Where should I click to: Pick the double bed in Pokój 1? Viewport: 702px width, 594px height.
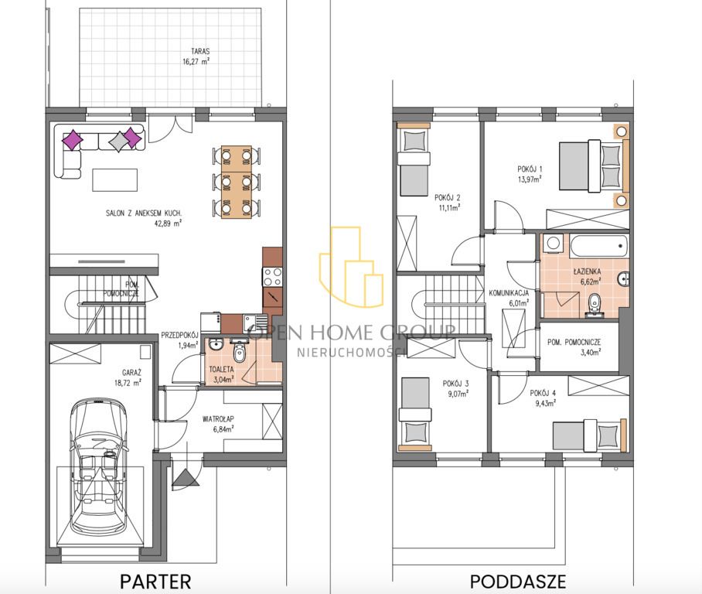pos(591,166)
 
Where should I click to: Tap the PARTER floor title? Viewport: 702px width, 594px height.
pos(156,582)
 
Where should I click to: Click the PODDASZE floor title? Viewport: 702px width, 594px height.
pos(518,582)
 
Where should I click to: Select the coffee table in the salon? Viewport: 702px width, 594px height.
pos(114,179)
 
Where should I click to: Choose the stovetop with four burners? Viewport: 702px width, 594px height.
pos(272,276)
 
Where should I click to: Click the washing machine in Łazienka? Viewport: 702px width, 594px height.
pos(554,243)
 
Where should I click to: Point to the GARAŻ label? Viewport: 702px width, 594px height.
pos(131,372)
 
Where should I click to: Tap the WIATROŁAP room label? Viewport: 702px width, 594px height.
pos(218,419)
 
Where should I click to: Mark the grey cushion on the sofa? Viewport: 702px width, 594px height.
pos(118,142)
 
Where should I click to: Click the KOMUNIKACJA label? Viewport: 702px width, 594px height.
pos(509,293)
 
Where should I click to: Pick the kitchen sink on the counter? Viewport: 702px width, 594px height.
pos(255,322)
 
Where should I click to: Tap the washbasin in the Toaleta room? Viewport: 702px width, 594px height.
pos(216,344)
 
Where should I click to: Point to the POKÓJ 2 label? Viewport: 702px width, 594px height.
pos(448,197)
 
